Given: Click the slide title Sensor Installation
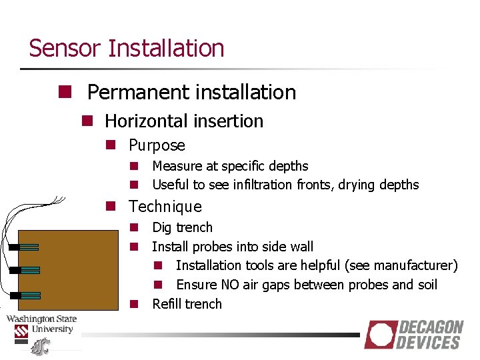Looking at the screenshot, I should pos(127,49).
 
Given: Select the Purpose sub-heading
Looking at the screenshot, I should pos(157,145).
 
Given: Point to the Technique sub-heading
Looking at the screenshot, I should pos(165,207).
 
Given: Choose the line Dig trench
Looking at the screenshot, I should pos(182,227).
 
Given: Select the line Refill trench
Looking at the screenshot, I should pos(187,304).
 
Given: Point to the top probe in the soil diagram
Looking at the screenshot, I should pos(24,247).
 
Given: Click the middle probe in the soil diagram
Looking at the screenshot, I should pos(24,270).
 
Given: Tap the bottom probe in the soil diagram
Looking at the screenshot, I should pos(24,294).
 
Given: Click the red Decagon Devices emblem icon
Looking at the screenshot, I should pos(380,335).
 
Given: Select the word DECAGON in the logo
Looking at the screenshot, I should pos(431,327).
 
